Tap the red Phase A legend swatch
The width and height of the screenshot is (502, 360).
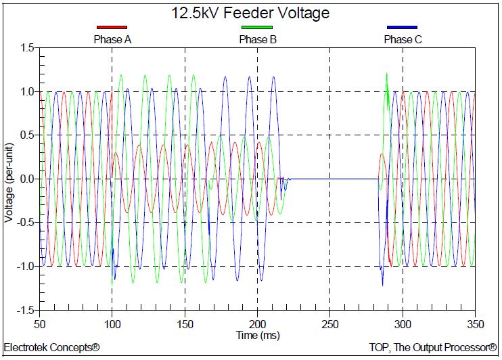[112, 28]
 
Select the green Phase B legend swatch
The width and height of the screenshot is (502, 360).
[257, 28]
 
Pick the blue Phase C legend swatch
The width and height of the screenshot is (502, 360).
[402, 28]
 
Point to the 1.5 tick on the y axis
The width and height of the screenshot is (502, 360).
[26, 48]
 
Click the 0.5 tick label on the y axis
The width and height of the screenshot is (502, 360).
[26, 135]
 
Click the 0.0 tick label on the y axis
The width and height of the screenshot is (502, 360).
[26, 179]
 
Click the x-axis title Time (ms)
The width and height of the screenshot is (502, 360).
[257, 335]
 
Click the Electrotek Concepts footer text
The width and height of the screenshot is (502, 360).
[52, 348]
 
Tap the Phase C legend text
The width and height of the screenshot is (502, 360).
[403, 39]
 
